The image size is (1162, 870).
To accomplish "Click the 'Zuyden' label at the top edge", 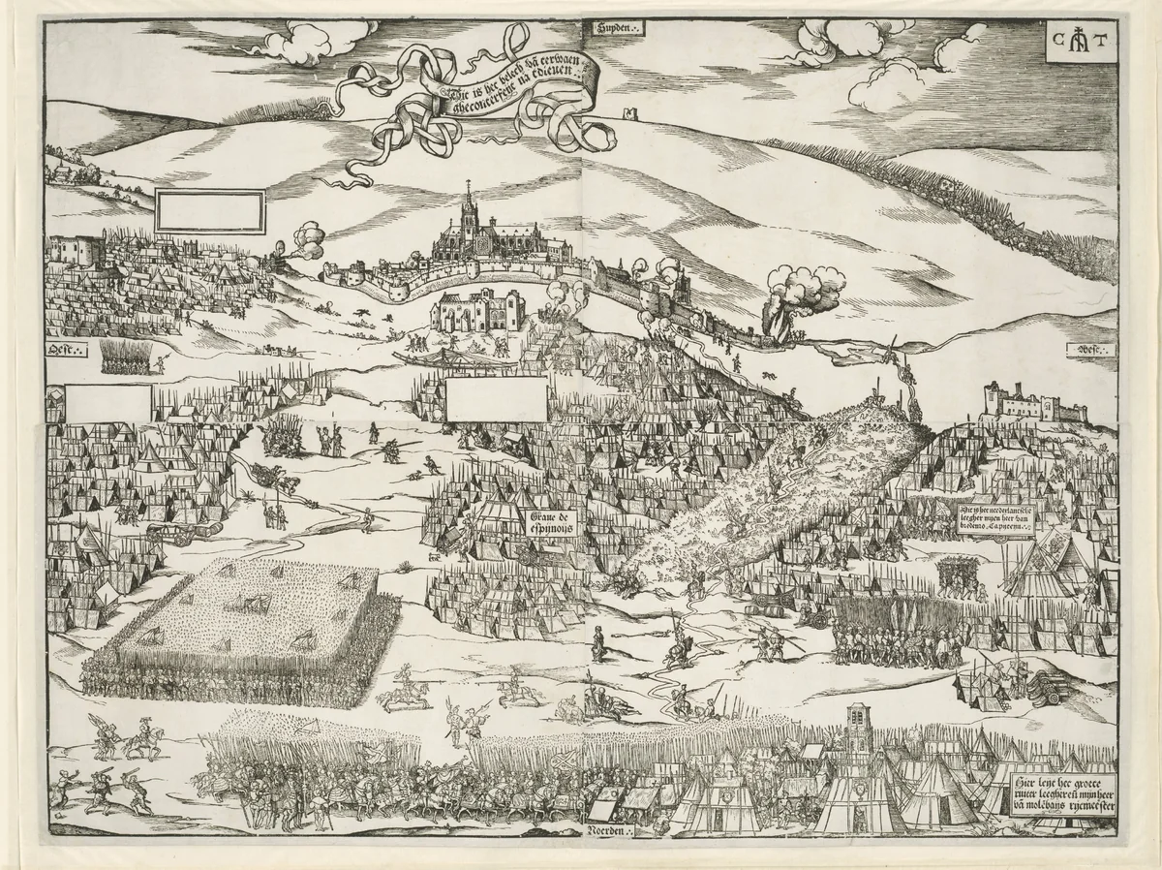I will [614, 29].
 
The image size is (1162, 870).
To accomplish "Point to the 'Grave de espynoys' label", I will [551, 522].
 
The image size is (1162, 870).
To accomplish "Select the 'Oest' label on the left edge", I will [68, 348].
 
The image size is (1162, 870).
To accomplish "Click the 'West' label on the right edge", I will [1089, 350].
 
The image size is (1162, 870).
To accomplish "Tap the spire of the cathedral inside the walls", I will [468, 199].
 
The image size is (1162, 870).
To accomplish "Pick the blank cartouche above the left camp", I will [209, 211].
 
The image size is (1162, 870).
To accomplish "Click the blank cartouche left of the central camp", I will [497, 398].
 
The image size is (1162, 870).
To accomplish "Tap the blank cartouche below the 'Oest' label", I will [107, 402].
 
